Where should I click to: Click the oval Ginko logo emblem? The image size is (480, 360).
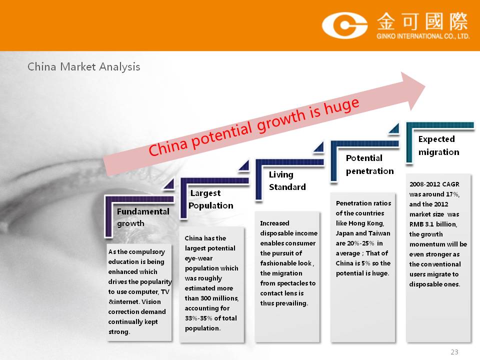click(x=344, y=25)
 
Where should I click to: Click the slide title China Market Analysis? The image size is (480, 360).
click(x=84, y=66)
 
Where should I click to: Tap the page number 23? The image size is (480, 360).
click(x=454, y=352)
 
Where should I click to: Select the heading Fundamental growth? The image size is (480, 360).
click(x=143, y=217)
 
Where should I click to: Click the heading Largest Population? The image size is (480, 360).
click(x=211, y=199)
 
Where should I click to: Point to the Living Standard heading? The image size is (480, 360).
click(x=287, y=180)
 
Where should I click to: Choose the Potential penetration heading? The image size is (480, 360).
click(x=370, y=164)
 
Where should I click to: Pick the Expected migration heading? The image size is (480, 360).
click(x=438, y=145)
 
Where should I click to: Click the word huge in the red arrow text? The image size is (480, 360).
click(x=342, y=106)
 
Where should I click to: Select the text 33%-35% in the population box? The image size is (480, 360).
click(x=198, y=318)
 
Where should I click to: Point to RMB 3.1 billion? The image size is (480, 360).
click(x=433, y=224)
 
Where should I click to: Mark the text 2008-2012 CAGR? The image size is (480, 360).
click(x=434, y=184)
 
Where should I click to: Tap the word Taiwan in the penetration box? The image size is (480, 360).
click(x=380, y=233)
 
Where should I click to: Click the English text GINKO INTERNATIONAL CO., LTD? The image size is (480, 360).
click(x=423, y=36)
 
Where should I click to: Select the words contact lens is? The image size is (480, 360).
click(x=282, y=293)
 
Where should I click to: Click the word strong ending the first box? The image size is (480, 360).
click(x=119, y=332)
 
